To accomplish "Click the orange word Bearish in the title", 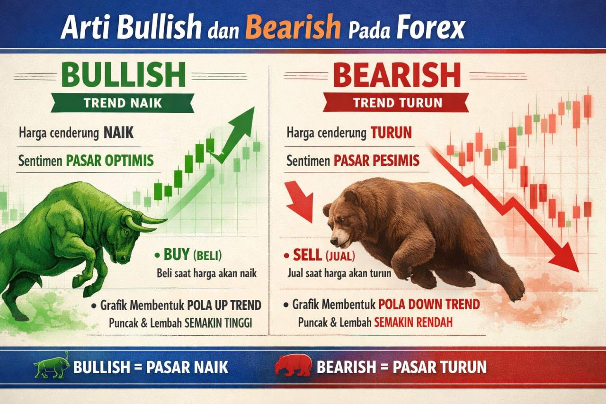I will tap(293, 27).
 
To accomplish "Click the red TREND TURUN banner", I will tap(396, 102).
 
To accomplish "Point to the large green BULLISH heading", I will tap(123, 75).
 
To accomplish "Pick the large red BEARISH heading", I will tap(397, 75).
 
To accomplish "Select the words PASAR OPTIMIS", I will tap(110, 161).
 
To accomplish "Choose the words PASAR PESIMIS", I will tap(376, 161).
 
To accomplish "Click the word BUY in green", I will tap(176, 256).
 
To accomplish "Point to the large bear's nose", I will tap(333, 242).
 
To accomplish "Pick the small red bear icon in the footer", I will tap(292, 366).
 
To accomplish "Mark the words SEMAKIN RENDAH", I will tap(413, 322).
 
